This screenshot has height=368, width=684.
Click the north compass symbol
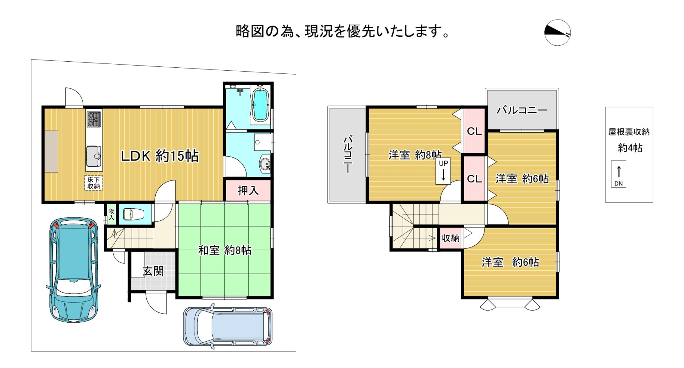tap(558, 32)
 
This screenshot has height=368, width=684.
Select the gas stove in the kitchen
tap(94, 119)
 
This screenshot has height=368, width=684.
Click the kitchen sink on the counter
tap(94, 156)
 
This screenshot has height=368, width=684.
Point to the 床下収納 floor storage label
tap(94, 183)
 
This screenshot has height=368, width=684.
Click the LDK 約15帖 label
tap(159, 156)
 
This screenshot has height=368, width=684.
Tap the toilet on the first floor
tap(134, 214)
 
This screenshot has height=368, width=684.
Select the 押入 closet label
tap(248, 190)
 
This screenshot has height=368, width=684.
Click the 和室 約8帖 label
tap(224, 250)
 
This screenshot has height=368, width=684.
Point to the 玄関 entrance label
tap(153, 271)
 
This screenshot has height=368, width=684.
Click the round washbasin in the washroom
tap(265, 165)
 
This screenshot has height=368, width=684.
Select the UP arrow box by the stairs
tap(443, 171)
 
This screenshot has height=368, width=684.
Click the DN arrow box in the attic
tap(618, 174)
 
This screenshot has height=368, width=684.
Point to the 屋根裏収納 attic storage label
tap(629, 132)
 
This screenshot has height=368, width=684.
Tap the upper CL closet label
tap(474, 131)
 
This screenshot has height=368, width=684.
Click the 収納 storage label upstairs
tap(450, 238)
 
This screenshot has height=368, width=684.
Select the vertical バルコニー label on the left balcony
tap(348, 154)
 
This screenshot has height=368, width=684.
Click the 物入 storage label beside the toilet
tap(112, 214)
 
